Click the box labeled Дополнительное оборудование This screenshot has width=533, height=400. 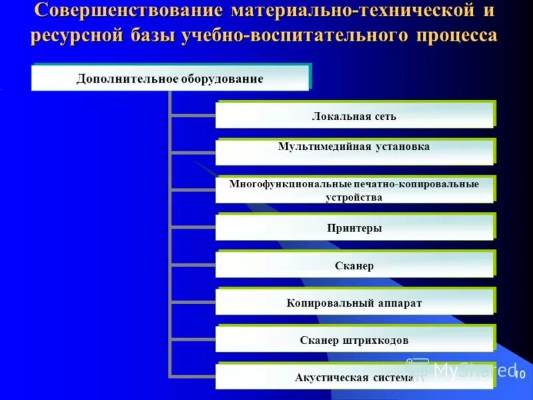(x=170, y=78)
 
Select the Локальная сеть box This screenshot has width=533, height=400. (x=354, y=115)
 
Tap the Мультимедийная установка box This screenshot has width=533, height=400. (x=354, y=151)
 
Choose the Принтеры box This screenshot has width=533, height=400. (x=354, y=227)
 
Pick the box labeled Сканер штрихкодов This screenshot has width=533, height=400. (x=354, y=339)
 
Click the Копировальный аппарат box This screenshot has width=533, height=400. (x=354, y=302)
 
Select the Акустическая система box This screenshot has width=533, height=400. (x=354, y=377)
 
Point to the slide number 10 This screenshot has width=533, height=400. (x=520, y=374)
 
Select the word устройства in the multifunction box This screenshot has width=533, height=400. (x=354, y=197)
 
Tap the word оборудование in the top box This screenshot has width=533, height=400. (x=221, y=79)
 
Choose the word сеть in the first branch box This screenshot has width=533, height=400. (x=384, y=117)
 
